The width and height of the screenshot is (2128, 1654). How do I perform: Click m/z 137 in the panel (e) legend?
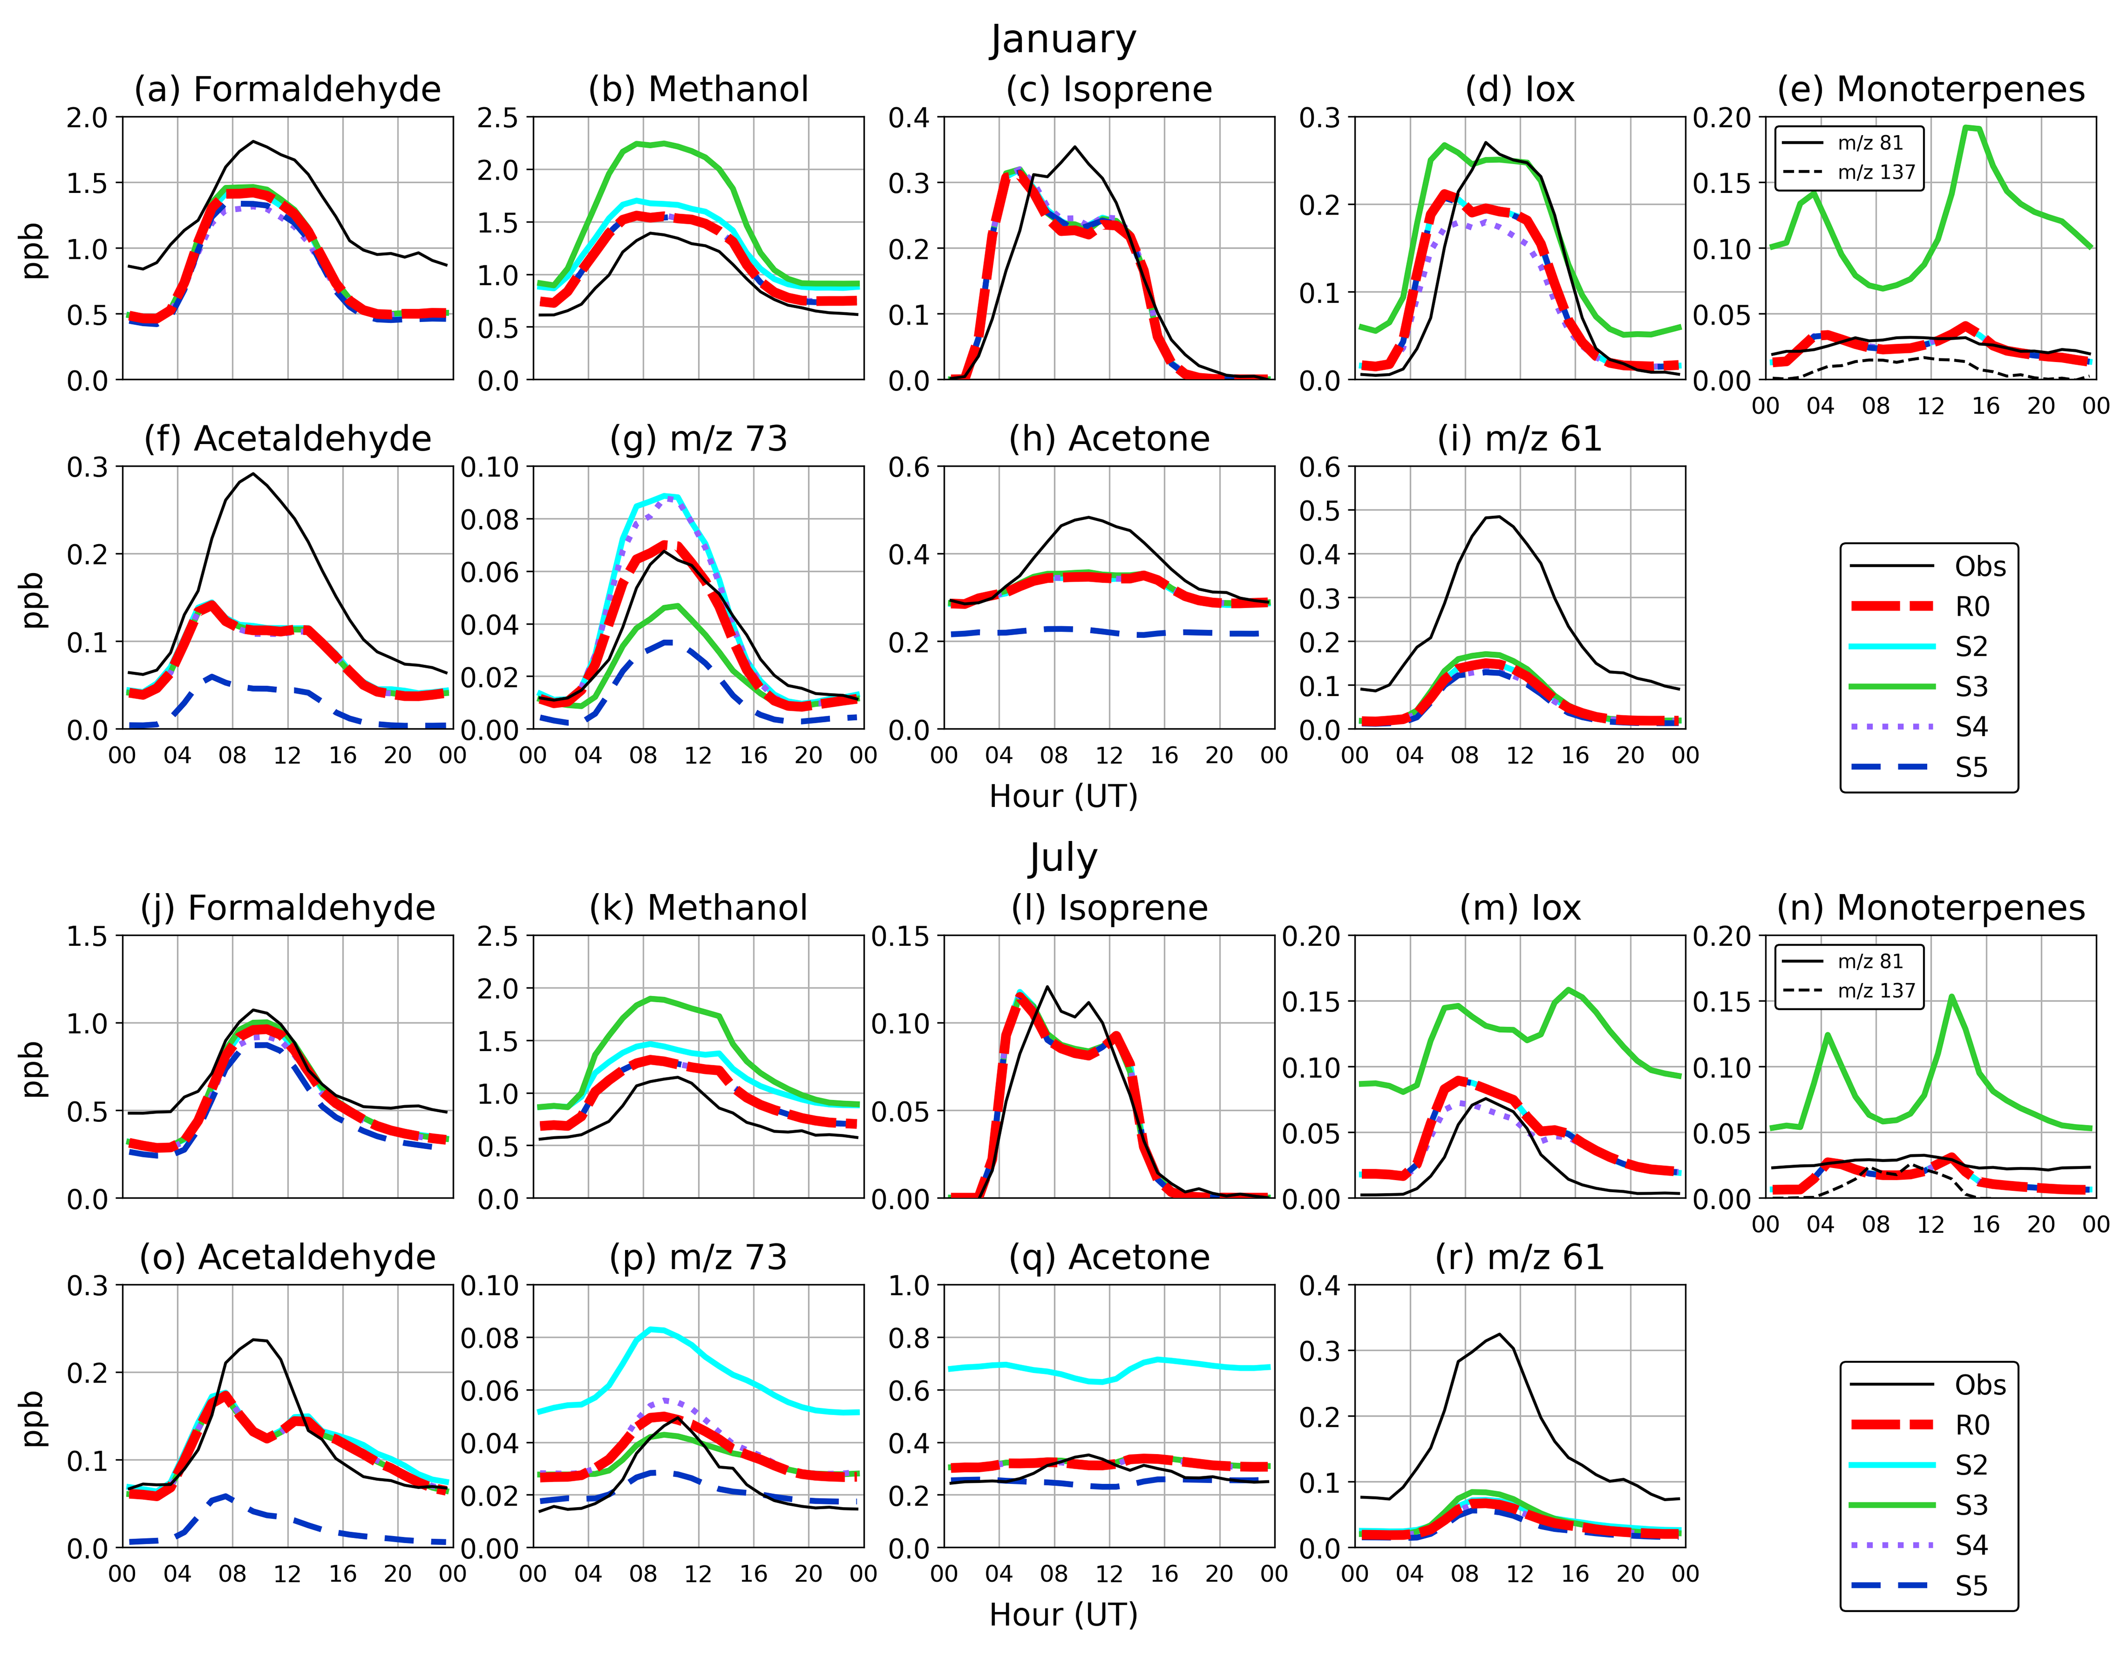[x=1875, y=173]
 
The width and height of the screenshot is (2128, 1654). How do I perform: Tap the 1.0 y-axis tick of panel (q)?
[x=908, y=1285]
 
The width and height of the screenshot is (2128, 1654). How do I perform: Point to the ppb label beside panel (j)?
[x=33, y=1068]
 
